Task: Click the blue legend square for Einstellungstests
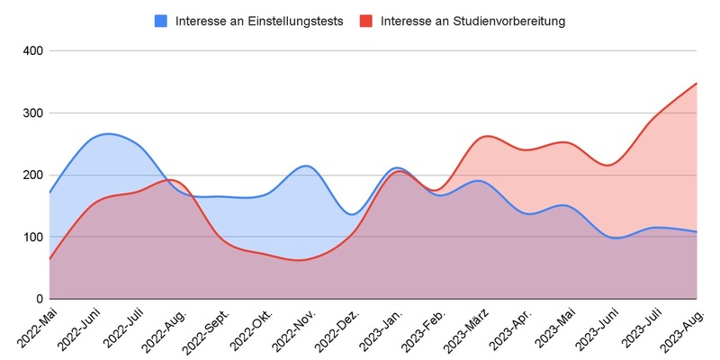click(x=162, y=22)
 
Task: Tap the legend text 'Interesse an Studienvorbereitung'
click(x=472, y=22)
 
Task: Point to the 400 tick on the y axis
click(x=32, y=51)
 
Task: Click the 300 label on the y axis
click(x=32, y=113)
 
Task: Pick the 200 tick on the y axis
click(x=32, y=175)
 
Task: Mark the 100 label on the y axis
click(x=32, y=238)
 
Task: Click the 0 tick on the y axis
click(x=39, y=299)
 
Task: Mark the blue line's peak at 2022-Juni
click(x=107, y=133)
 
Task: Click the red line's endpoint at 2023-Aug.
click(x=697, y=83)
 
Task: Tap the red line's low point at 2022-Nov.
click(x=301, y=260)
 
